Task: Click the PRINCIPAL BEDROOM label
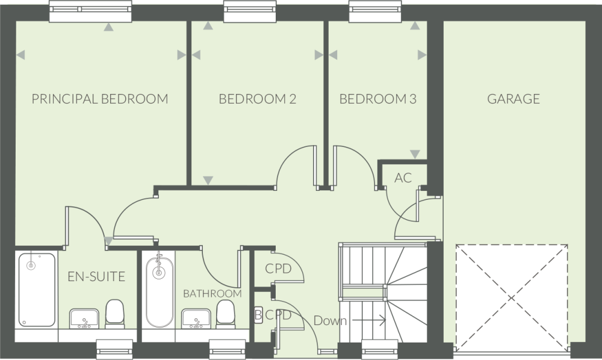tap(100, 99)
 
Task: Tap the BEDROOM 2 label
tap(257, 99)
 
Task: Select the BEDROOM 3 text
tap(378, 99)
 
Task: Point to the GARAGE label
tap(514, 99)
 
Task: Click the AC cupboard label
tap(403, 178)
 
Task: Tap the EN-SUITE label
tap(96, 276)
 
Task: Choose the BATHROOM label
tap(213, 294)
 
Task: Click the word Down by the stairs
tap(330, 320)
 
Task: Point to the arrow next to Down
tap(369, 320)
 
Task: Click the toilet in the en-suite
tap(115, 313)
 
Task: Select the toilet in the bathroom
tap(225, 314)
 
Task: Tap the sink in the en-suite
tap(84, 318)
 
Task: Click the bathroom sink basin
tap(196, 318)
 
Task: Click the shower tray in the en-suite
tap(37, 290)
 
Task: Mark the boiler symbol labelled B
tap(258, 315)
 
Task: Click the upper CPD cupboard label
tap(278, 268)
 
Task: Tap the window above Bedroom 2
tap(250, 11)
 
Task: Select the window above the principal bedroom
tap(91, 11)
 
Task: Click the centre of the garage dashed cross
tap(511, 298)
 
